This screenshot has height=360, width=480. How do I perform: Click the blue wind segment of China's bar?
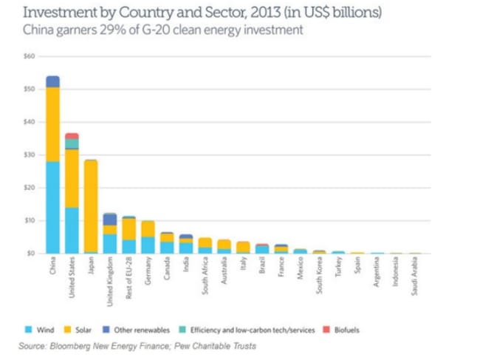52,207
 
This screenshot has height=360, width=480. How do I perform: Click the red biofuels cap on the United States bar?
72,136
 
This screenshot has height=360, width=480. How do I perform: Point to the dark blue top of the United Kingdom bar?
110,219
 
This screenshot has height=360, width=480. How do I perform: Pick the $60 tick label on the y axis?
30,56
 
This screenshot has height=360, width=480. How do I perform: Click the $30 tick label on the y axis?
30,154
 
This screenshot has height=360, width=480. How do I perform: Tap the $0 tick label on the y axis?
31,253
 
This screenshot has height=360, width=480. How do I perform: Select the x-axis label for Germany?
148,271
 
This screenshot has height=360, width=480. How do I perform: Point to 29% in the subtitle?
112,30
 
